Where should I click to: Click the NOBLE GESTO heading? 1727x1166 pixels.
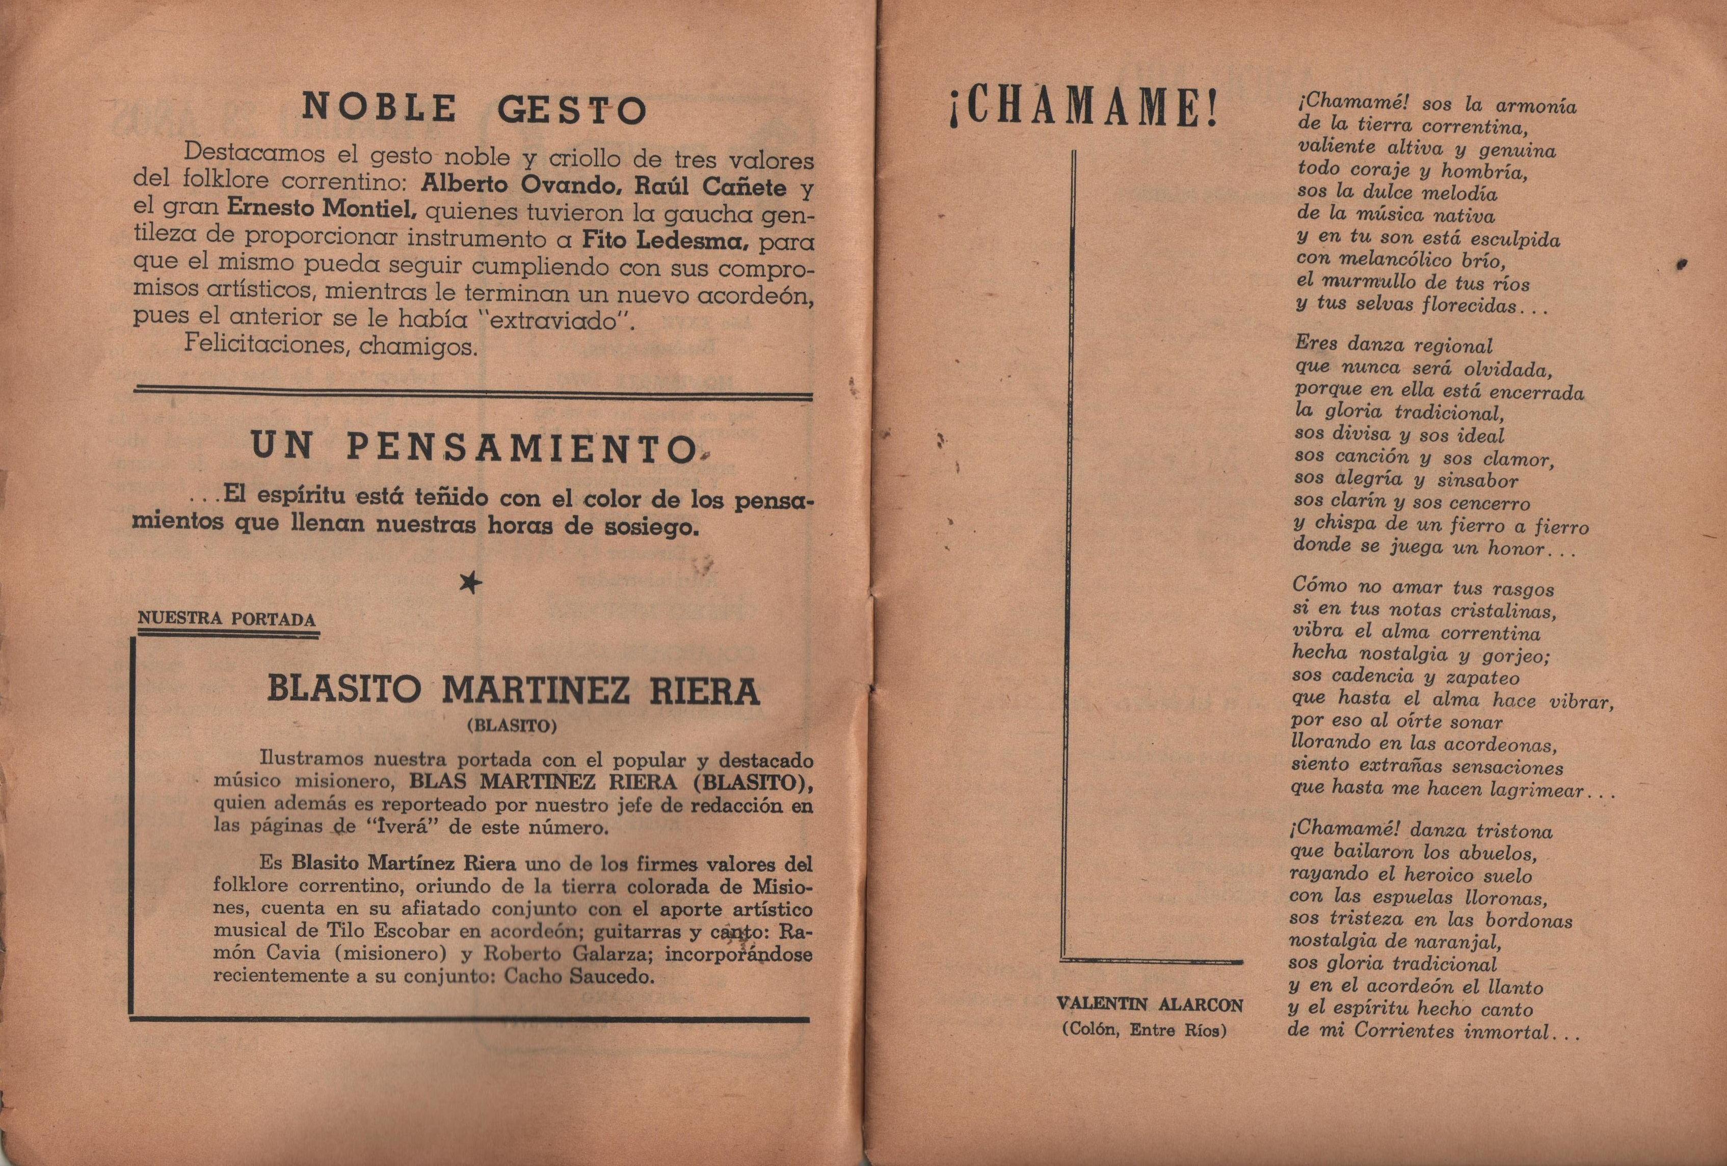pos(473,109)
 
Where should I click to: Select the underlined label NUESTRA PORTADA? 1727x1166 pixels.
pos(227,619)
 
